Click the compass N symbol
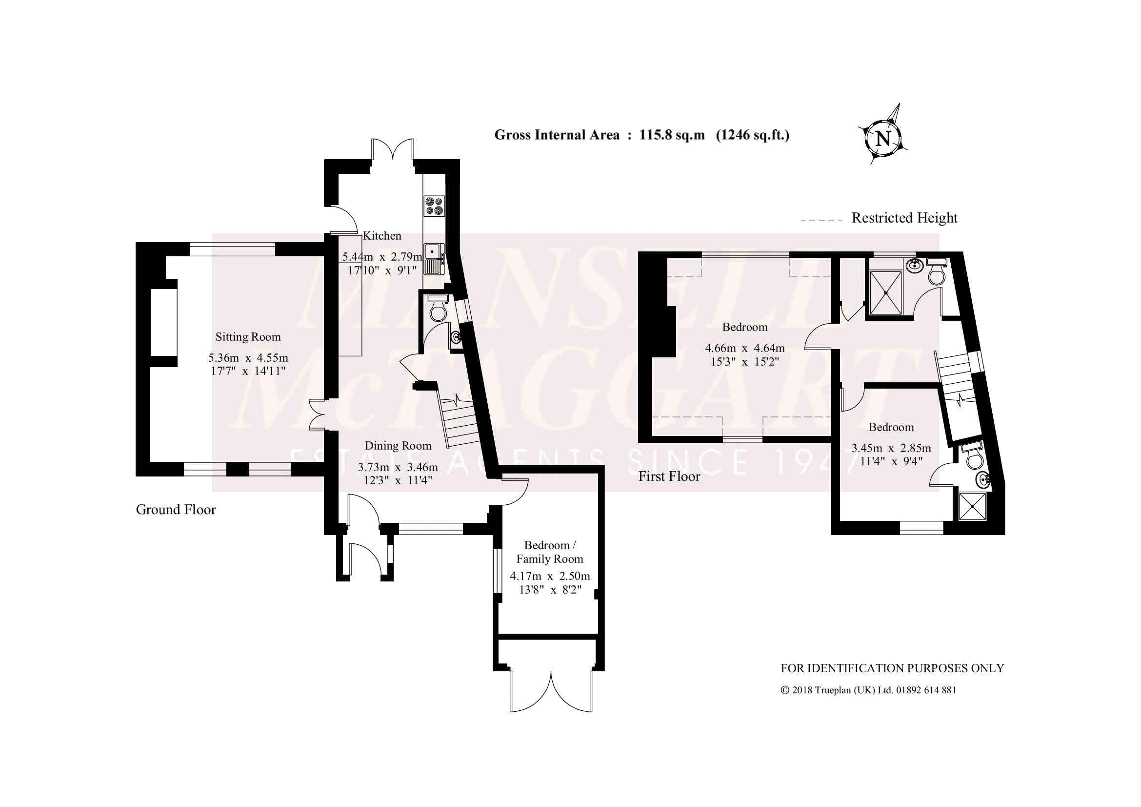(x=883, y=138)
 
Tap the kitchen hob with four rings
(x=434, y=206)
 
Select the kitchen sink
(x=433, y=259)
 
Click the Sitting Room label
(x=248, y=337)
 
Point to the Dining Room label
(x=398, y=446)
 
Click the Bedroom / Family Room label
(x=550, y=552)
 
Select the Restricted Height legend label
(x=904, y=218)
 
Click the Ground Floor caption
(x=176, y=510)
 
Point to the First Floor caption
(x=669, y=476)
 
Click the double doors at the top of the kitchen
(x=393, y=150)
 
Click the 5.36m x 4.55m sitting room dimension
(x=248, y=365)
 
